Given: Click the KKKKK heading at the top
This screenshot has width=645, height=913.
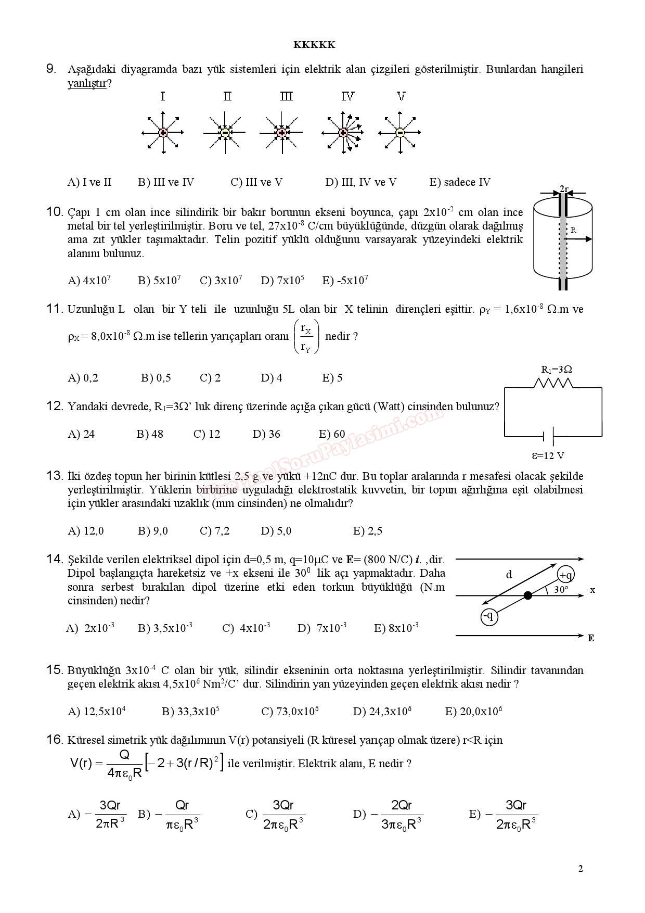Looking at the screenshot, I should tap(314, 45).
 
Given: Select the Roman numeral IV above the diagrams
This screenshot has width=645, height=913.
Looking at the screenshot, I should tap(347, 96).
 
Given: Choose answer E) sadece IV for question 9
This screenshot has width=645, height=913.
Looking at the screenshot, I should tap(459, 182).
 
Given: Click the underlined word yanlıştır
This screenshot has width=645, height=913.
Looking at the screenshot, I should tap(87, 83).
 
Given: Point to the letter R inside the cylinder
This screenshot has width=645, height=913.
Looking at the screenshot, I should tap(573, 230).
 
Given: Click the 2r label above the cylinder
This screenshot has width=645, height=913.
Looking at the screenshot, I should tap(564, 189).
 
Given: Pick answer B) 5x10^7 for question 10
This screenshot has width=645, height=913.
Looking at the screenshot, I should tap(159, 281).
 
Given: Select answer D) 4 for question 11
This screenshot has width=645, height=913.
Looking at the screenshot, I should tap(272, 378).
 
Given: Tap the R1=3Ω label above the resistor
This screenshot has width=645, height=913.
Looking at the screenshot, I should tap(557, 370).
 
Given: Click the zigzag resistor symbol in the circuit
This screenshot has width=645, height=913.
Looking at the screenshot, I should tap(553, 384).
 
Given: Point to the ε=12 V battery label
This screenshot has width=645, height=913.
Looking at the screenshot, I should tap(548, 456).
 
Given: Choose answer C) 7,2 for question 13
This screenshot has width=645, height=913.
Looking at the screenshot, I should tap(214, 531).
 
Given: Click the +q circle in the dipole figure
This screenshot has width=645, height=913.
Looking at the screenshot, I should tap(565, 575).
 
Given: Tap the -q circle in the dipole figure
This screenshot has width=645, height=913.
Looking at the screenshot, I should tap(489, 617).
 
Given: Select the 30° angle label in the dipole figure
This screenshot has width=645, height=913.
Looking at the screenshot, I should tap(561, 590).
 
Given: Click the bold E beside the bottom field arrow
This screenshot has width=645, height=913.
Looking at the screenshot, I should tap(591, 638).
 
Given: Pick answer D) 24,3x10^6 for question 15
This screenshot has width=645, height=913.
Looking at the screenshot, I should tap(382, 712).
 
